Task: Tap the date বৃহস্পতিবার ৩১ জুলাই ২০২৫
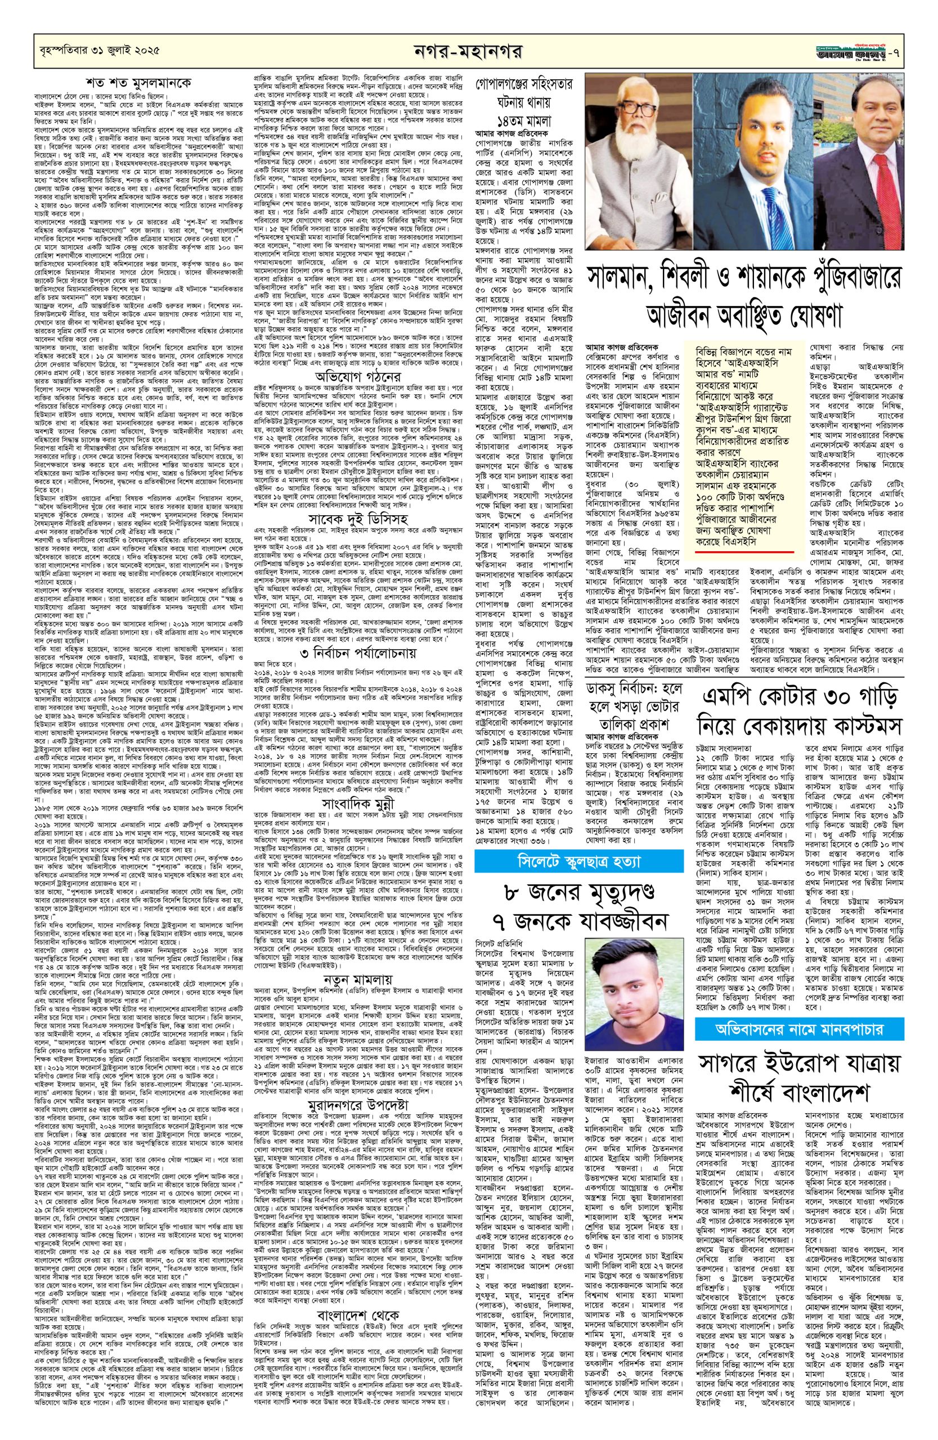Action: click(96, 50)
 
